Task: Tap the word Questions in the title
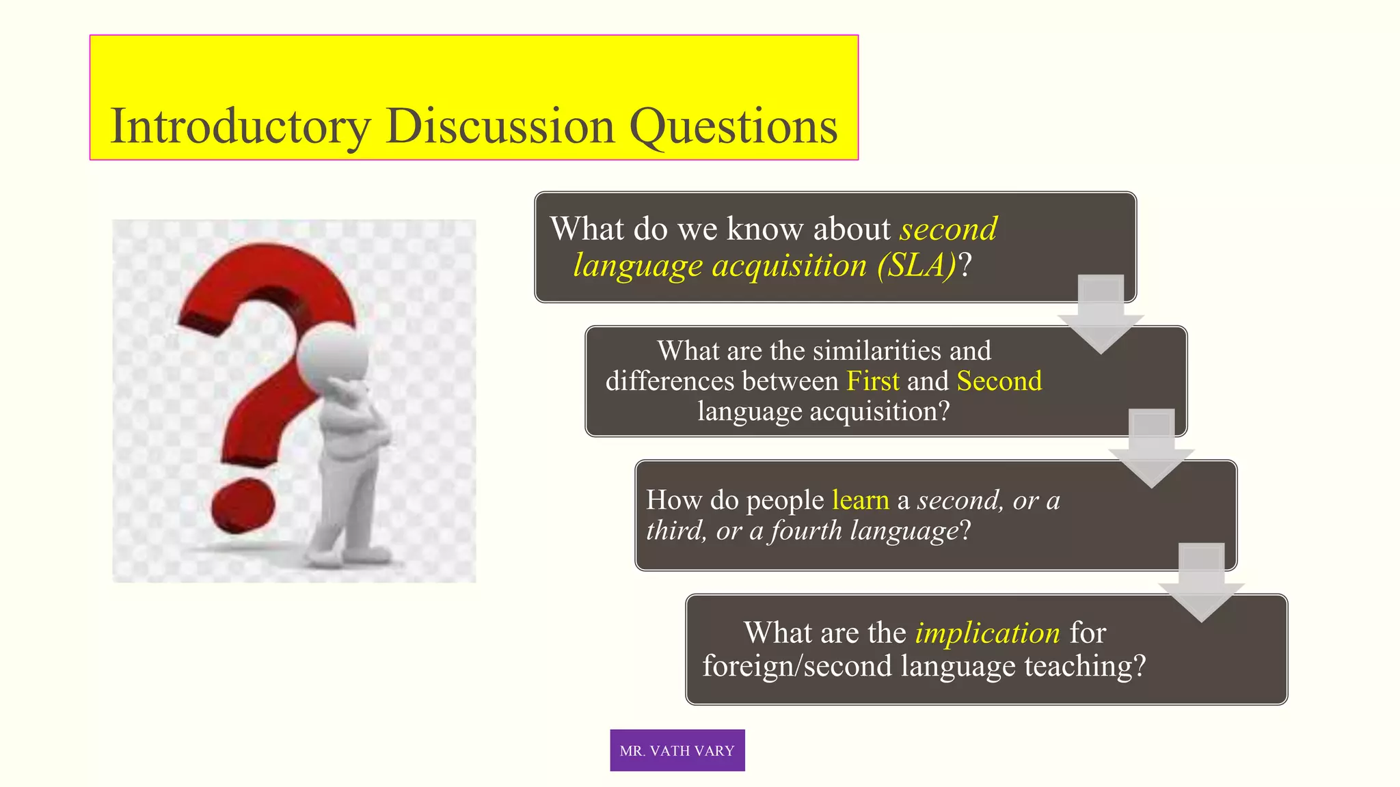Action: tap(733, 127)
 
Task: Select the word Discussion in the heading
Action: tap(500, 127)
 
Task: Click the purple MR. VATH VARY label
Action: tap(677, 750)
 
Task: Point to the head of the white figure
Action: tap(333, 355)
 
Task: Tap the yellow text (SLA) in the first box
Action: tap(917, 265)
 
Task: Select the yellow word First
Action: tap(872, 381)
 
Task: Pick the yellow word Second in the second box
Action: tap(999, 381)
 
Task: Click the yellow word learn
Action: tap(860, 500)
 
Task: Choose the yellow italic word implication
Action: tap(987, 633)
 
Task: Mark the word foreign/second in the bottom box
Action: tap(796, 666)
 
